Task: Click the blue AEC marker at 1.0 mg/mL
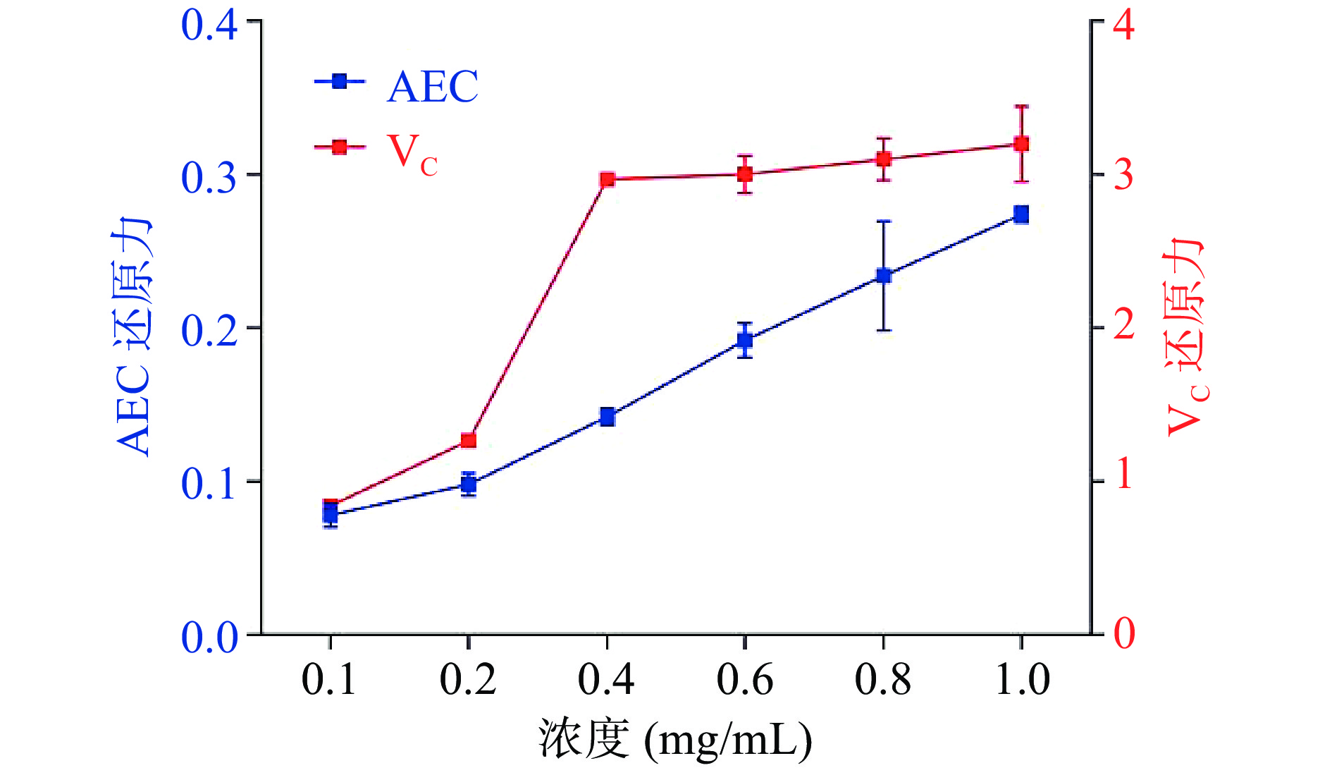point(1021,214)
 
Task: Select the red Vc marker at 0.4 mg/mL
point(607,180)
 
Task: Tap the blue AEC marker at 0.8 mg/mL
point(884,276)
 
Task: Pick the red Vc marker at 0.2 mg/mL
point(469,441)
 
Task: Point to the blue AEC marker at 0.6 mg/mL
point(745,341)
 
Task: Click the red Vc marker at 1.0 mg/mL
point(1021,145)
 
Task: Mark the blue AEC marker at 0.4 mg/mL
point(607,417)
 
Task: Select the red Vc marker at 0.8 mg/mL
point(884,159)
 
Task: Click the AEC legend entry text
point(432,87)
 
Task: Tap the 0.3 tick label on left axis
point(209,177)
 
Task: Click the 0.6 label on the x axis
point(745,679)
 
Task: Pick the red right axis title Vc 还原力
point(1186,337)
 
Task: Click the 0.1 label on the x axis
point(330,679)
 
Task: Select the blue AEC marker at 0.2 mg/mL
point(469,484)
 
